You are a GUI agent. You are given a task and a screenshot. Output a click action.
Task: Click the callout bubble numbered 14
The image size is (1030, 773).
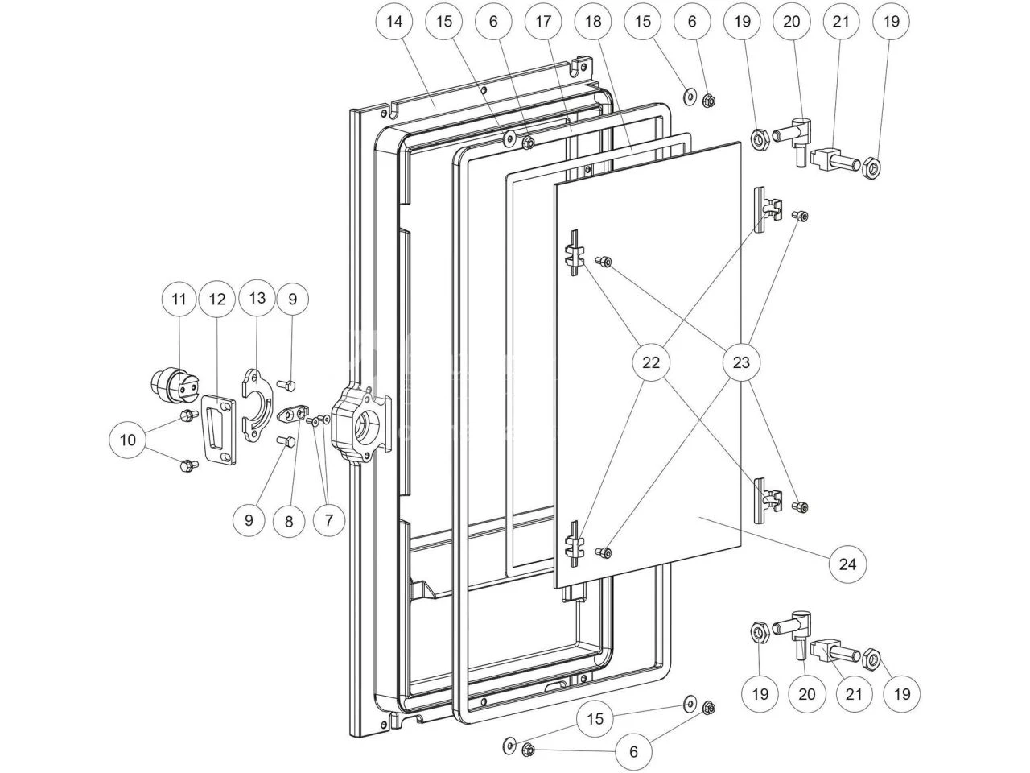[393, 22]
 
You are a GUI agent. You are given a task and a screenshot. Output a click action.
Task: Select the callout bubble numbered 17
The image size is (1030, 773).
[543, 22]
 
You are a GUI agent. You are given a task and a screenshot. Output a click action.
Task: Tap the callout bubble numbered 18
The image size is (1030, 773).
[593, 22]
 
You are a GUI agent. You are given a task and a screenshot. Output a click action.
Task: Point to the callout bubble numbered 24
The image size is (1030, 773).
[848, 564]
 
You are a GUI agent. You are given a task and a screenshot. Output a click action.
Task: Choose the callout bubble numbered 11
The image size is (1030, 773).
[179, 300]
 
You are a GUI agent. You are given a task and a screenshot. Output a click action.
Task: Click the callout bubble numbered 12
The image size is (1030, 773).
[216, 300]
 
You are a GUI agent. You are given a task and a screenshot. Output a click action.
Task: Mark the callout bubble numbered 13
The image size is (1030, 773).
[257, 298]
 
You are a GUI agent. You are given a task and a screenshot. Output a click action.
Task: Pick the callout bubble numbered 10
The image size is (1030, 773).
[128, 439]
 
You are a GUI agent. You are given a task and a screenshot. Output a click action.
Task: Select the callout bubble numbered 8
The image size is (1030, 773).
[288, 520]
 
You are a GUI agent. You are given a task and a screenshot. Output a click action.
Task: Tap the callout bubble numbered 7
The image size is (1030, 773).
[328, 520]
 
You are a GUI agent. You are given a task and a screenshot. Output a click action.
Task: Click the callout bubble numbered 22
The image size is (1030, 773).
[651, 362]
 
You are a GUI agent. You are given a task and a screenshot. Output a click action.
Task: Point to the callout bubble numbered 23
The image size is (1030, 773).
[741, 362]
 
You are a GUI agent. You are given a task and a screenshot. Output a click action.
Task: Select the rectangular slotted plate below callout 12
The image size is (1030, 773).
[218, 428]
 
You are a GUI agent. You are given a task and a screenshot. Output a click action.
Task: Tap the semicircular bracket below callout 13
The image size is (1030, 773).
[257, 402]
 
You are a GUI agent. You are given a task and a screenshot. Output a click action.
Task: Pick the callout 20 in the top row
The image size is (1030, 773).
[792, 22]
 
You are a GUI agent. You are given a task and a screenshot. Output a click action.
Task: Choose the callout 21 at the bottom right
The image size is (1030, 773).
[853, 694]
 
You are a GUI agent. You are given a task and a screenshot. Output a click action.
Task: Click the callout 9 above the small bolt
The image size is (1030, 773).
[292, 300]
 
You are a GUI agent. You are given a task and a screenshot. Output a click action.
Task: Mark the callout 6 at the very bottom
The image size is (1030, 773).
[633, 752]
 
